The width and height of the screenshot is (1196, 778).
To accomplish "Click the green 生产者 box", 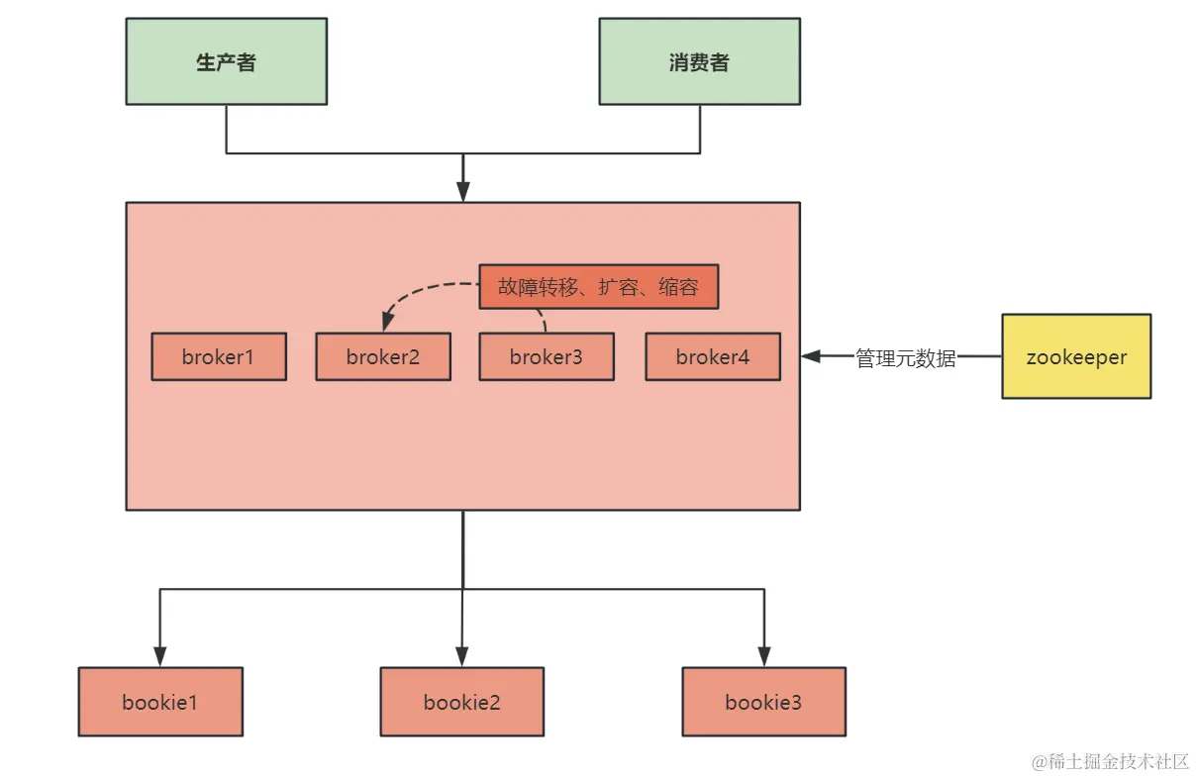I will (x=226, y=61).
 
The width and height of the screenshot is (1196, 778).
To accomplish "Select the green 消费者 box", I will (x=699, y=61).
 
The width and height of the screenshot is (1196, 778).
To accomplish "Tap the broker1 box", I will (x=219, y=357).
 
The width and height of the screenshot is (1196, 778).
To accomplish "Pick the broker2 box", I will (x=383, y=357).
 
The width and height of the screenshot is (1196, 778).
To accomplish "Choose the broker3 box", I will (x=547, y=357).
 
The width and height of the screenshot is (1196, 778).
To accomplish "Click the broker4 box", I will (x=713, y=357).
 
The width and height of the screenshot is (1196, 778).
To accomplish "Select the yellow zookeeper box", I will (x=1076, y=356).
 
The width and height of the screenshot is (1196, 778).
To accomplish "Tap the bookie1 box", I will (x=160, y=702).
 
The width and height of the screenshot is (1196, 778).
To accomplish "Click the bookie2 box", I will (x=462, y=702).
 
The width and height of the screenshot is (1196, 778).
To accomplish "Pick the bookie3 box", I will (x=763, y=702).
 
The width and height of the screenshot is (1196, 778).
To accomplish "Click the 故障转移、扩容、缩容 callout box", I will (x=598, y=287).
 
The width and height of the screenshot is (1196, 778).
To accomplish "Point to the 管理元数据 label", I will (x=906, y=358).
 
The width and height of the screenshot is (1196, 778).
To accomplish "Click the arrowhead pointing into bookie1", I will (x=160, y=656).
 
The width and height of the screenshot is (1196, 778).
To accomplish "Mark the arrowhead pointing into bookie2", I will (x=462, y=656).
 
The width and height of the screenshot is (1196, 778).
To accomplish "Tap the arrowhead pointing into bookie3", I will (x=763, y=656).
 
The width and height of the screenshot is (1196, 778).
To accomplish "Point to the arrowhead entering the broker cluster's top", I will (x=462, y=192).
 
